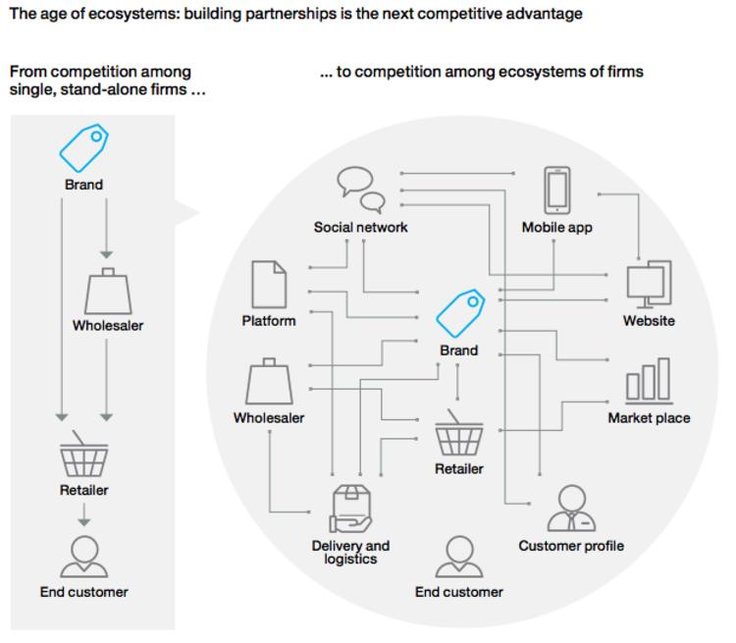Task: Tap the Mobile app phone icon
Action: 557,189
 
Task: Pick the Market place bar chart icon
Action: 649,381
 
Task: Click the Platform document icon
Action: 269,284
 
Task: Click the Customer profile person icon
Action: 571,509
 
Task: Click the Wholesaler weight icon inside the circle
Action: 269,382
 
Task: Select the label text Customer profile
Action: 571,546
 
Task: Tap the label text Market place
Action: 649,418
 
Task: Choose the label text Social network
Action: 360,228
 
